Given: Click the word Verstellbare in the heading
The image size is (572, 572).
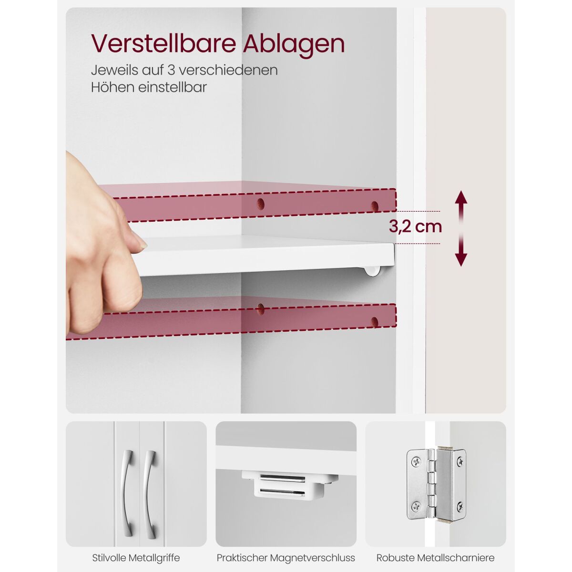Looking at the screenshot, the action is click(x=163, y=44).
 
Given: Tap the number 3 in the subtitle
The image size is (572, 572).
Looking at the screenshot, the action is click(x=171, y=70).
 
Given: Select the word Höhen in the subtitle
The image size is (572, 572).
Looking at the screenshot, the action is click(x=110, y=87).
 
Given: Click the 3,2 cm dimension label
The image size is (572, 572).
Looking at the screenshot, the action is click(x=415, y=227).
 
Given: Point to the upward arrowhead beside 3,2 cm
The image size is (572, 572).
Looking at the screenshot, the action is click(x=461, y=197).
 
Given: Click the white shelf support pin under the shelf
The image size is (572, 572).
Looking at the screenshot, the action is click(x=373, y=271).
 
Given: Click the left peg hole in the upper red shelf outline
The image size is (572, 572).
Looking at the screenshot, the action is click(x=261, y=204).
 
